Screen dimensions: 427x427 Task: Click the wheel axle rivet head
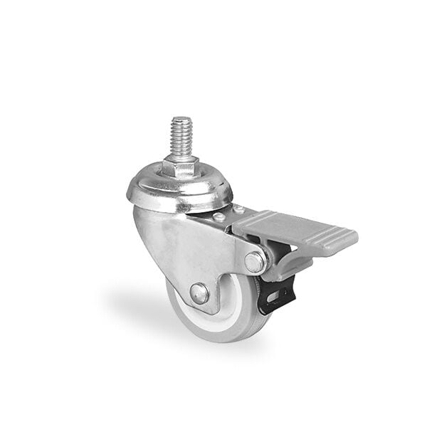tap(200, 293)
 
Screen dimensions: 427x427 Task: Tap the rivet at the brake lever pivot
tap(255, 261)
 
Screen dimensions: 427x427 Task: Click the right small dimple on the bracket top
tap(239, 211)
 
